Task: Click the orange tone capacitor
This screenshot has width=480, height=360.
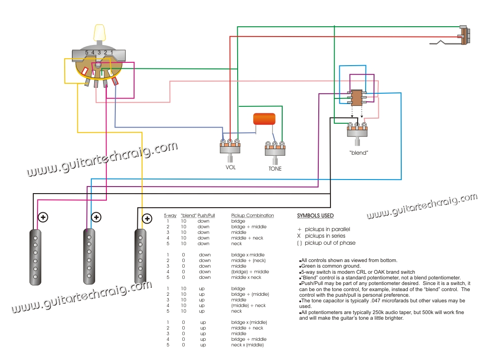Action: pyautogui.click(x=264, y=119)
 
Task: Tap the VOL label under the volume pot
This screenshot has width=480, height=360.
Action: pyautogui.click(x=230, y=167)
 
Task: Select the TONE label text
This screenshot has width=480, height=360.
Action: pyautogui.click(x=275, y=169)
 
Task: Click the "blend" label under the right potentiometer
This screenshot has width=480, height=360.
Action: pyautogui.click(x=358, y=153)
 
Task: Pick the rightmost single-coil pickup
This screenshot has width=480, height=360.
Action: pyautogui.click(x=140, y=256)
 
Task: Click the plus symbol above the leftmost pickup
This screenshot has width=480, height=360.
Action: pyautogui.click(x=44, y=217)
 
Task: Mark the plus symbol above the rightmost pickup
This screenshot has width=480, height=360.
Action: pyautogui.click(x=147, y=219)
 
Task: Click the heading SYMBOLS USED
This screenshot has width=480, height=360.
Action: pyautogui.click(x=315, y=216)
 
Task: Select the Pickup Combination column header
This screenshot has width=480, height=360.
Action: pyautogui.click(x=253, y=216)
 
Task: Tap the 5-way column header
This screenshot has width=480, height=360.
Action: pyautogui.click(x=170, y=216)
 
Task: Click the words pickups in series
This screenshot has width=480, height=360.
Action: pyautogui.click(x=323, y=236)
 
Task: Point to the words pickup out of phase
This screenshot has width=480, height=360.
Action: pyautogui.click(x=330, y=243)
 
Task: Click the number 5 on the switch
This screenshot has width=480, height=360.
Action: pyautogui.click(x=87, y=52)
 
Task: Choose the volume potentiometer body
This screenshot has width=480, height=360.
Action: pyautogui.click(x=230, y=149)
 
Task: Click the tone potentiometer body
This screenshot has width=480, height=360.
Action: pyautogui.click(x=275, y=151)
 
